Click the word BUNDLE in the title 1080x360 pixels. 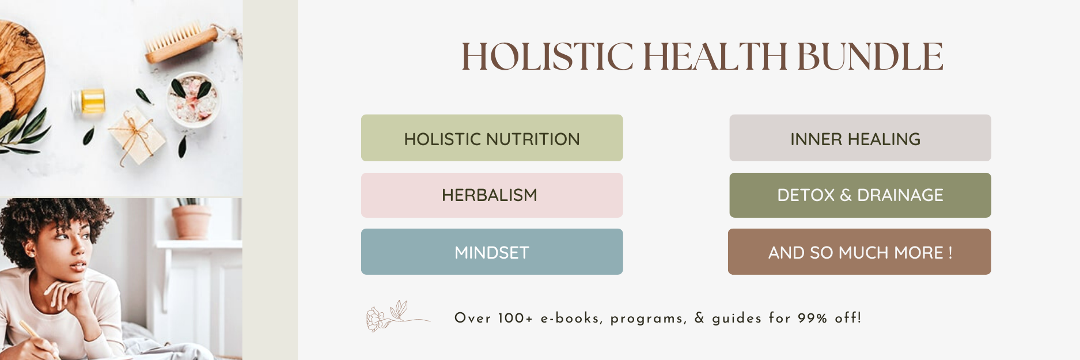[x=870, y=56]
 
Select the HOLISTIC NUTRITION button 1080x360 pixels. [x=492, y=138]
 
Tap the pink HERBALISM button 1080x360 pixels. [x=492, y=195]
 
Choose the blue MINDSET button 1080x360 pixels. [x=492, y=252]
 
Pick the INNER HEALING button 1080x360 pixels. [x=860, y=138]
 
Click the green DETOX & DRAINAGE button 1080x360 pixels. [x=860, y=195]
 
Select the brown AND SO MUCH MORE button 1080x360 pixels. [x=859, y=252]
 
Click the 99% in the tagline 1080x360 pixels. [x=812, y=318]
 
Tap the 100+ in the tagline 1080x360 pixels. [x=515, y=318]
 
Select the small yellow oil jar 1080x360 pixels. [x=92, y=101]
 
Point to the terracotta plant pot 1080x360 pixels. [x=192, y=221]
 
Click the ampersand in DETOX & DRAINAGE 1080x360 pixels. [x=846, y=195]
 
